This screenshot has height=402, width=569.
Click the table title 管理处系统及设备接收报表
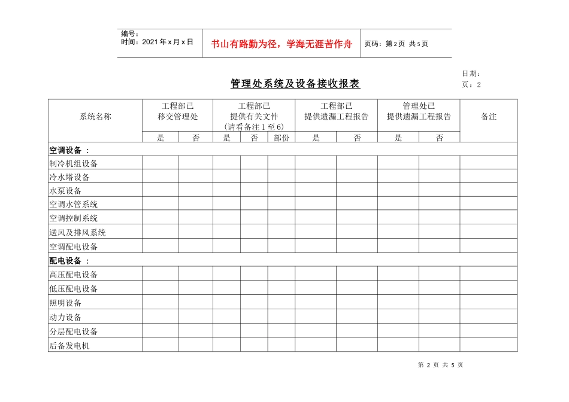(x=295, y=84)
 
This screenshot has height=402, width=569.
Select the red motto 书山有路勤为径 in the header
(x=282, y=44)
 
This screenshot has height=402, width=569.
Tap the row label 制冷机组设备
(x=74, y=163)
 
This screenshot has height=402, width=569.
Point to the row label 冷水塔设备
(x=69, y=177)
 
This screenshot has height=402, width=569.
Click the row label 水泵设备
(x=65, y=191)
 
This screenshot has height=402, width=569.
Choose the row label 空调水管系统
(x=74, y=205)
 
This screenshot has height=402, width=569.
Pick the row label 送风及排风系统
(x=77, y=233)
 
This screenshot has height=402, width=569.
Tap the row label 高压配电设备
(x=74, y=275)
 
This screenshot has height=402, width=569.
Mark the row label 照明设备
(x=65, y=303)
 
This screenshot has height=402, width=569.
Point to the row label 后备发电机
(x=69, y=346)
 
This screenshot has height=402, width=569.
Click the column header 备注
(x=489, y=117)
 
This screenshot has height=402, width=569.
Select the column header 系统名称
(x=95, y=117)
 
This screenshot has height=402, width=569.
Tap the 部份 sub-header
(x=281, y=138)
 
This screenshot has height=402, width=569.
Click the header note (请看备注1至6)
(x=254, y=127)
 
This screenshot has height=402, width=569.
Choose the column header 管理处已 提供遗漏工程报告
(x=419, y=111)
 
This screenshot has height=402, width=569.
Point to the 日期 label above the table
(x=470, y=73)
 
